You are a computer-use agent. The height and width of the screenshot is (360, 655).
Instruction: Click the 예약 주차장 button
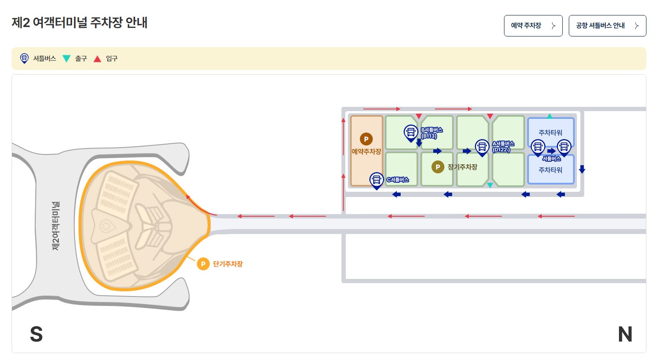533,26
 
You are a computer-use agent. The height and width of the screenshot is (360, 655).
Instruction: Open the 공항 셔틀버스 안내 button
607,26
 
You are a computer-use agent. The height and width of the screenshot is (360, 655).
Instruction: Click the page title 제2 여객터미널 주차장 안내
80,22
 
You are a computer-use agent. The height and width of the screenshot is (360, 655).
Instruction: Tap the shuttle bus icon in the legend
24,58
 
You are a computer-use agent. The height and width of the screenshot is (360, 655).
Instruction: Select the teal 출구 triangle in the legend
66,59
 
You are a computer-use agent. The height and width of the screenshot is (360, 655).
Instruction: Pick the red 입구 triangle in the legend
97,59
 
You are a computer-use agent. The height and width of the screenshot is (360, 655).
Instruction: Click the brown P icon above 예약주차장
366,139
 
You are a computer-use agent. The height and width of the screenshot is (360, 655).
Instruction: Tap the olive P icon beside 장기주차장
438,167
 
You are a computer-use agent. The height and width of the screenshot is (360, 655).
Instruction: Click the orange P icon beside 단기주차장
203,264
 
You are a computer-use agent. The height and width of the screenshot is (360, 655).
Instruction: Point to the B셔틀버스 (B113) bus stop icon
411,133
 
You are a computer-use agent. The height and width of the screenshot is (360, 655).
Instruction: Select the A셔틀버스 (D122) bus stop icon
482,147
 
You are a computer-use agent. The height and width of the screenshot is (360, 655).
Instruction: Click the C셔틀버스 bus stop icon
376,180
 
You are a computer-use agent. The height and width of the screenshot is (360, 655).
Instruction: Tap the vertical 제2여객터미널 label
56,226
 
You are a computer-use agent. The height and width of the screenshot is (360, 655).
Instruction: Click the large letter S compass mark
36,334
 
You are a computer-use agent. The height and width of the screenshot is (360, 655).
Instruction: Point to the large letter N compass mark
625,334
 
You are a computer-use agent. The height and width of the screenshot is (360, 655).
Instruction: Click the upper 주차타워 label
550,133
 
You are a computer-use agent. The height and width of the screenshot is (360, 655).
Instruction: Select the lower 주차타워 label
550,170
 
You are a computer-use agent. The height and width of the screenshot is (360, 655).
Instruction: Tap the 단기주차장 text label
228,264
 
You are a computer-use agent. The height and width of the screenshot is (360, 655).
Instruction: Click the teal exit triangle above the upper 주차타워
549,116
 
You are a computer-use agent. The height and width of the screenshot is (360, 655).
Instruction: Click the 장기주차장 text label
462,167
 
